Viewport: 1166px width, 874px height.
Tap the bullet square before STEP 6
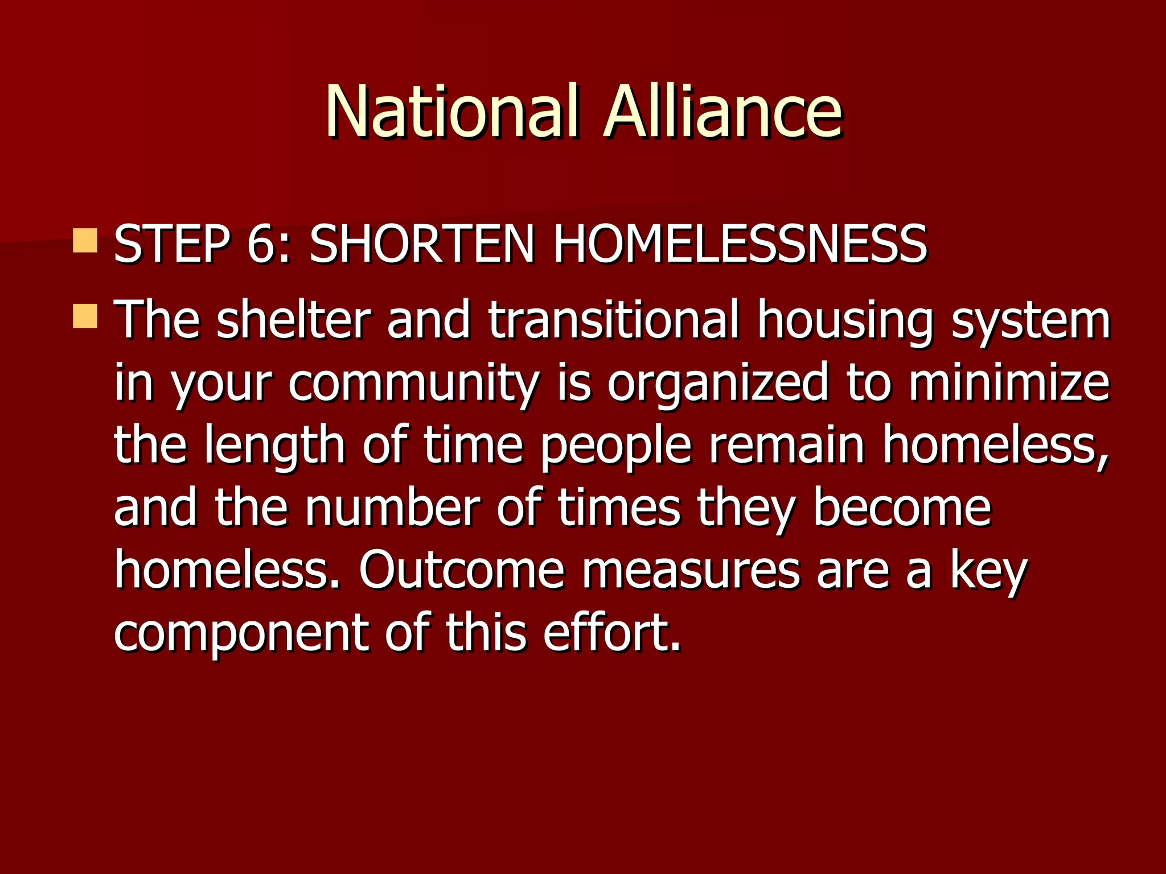point(85,241)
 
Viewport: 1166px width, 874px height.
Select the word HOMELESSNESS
point(740,245)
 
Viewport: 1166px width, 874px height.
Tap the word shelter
point(293,320)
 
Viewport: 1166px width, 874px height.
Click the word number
point(393,508)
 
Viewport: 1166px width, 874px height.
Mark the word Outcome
point(461,570)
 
